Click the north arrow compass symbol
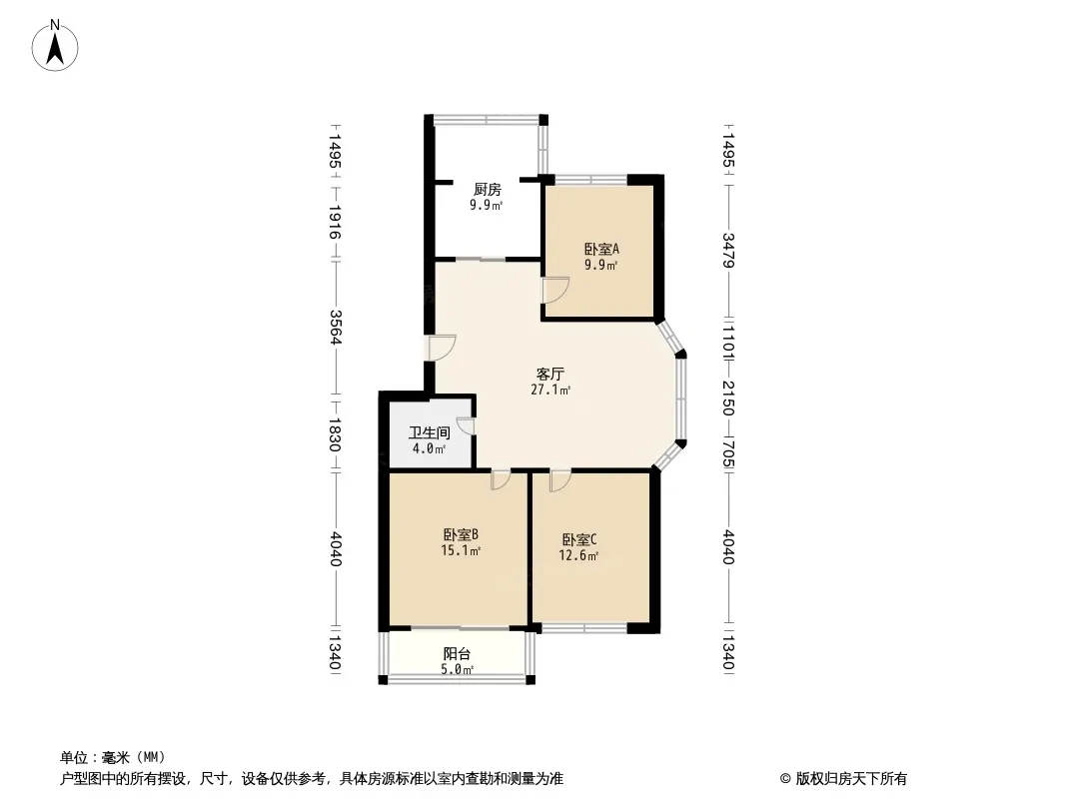(x=55, y=46)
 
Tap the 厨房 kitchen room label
(x=487, y=190)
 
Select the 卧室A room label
(x=601, y=249)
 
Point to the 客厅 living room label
(x=550, y=375)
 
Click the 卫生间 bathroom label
(x=430, y=432)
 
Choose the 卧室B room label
(x=462, y=535)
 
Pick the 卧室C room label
(x=579, y=540)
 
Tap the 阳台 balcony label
(x=458, y=654)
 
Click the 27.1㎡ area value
(x=550, y=391)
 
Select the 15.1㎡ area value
(x=462, y=551)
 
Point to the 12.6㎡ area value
(x=578, y=556)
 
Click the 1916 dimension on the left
(x=334, y=222)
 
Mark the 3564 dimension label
(x=334, y=327)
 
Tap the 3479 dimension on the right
(x=728, y=251)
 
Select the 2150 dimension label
(x=728, y=399)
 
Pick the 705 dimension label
(x=728, y=454)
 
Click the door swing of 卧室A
(x=555, y=291)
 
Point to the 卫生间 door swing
(x=467, y=425)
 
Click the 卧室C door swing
(x=560, y=480)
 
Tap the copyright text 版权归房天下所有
(x=851, y=779)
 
